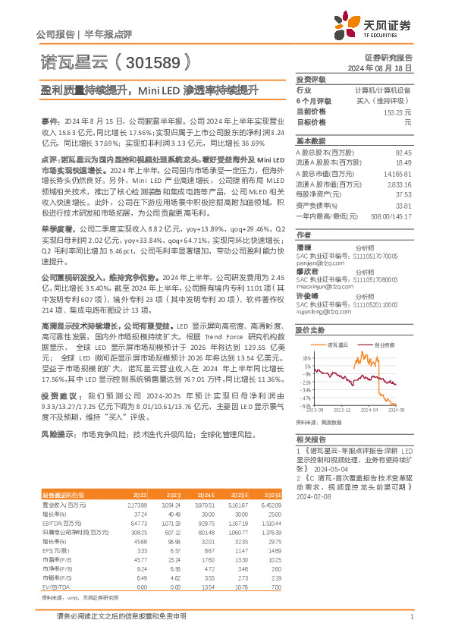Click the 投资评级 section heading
point(311,79)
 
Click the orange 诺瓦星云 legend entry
point(337,345)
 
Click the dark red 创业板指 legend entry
point(385,345)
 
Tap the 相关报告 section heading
point(311,439)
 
